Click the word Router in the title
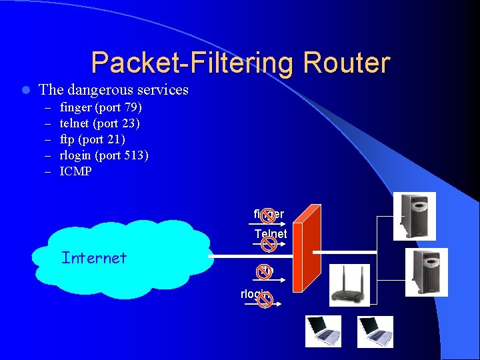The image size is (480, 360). coord(346,63)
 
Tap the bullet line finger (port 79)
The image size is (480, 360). coord(101,107)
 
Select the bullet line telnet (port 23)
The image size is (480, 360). coord(99,123)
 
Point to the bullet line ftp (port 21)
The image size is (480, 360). coord(92,139)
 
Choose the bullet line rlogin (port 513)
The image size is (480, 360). coord(104,155)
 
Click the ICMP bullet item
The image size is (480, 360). coord(75,171)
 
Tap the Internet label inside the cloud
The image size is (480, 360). coord(93,257)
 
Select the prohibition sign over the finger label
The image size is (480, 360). coord(267,215)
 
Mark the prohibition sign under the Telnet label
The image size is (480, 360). coord(269,245)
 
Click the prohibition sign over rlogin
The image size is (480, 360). coord(264,300)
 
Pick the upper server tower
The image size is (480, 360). coord(414,216)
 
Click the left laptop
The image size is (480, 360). coord(323,331)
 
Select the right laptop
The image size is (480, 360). coord(376,331)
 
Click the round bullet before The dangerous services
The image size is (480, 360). coord(24,90)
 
